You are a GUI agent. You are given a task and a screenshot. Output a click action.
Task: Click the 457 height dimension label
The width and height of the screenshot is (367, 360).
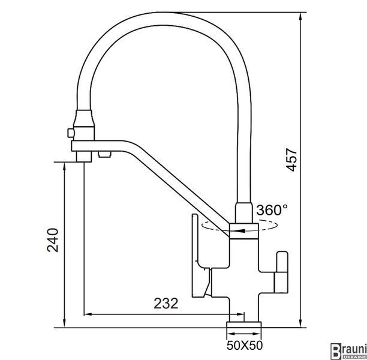pyautogui.click(x=291, y=160)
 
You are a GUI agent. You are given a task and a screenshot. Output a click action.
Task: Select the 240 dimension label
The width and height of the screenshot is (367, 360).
pyautogui.click(x=52, y=240)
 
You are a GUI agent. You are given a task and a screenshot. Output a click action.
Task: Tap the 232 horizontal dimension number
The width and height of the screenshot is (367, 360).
pyautogui.click(x=166, y=304)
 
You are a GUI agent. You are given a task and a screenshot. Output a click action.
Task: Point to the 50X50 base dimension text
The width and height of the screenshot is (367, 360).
pyautogui.click(x=245, y=346)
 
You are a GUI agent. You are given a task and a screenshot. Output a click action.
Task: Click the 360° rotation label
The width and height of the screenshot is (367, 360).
pyautogui.click(x=272, y=210)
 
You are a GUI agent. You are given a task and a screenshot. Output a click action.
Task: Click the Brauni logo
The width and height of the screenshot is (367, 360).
pyautogui.click(x=348, y=352)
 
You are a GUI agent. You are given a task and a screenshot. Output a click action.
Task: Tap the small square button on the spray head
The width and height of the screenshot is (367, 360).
pyautogui.click(x=70, y=133)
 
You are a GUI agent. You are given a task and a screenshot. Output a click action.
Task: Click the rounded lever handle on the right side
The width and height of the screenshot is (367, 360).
pyautogui.click(x=282, y=272)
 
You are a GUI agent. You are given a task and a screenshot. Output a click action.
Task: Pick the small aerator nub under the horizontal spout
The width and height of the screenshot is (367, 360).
pyautogui.click(x=104, y=154)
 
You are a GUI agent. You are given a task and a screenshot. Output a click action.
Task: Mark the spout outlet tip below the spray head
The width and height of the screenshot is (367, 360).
pyautogui.click(x=84, y=157)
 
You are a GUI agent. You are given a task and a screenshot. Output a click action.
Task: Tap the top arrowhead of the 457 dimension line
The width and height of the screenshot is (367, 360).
pyautogui.click(x=300, y=16)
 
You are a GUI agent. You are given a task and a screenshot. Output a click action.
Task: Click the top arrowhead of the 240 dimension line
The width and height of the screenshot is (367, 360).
pyautogui.click(x=64, y=166)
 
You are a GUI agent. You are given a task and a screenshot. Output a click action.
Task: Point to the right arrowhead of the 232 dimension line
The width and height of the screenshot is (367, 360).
pyautogui.click(x=240, y=314)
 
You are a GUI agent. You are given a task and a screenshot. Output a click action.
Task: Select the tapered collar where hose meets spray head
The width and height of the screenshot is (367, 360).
pyautogui.click(x=85, y=118)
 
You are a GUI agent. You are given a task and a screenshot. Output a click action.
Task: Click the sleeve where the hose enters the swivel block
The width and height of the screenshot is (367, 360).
pyautogui.click(x=243, y=213)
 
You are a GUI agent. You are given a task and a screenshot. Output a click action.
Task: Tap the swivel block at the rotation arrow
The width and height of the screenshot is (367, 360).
pyautogui.click(x=243, y=231)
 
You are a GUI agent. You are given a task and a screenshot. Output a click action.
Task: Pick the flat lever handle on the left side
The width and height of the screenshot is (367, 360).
pyautogui.click(x=199, y=256)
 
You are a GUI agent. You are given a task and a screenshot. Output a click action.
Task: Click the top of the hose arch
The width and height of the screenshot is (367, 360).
pyautogui.click(x=164, y=19)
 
